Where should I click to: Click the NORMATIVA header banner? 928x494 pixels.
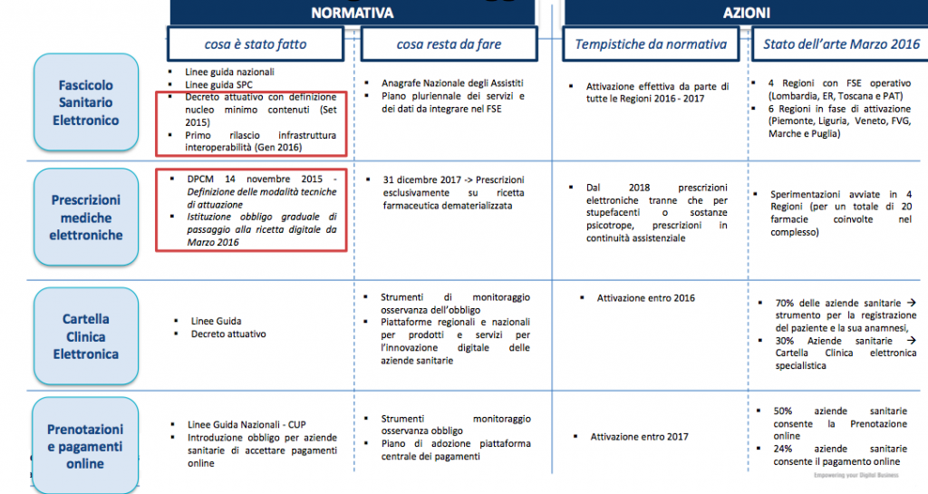coord(352,13)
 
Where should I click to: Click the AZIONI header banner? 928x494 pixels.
coord(746,13)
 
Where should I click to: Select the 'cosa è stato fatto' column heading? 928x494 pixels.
coord(255,44)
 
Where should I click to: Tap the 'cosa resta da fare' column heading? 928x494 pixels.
coord(449,44)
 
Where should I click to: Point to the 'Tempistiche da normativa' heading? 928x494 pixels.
coord(651,44)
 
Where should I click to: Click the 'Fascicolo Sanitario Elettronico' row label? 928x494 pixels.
coord(86,102)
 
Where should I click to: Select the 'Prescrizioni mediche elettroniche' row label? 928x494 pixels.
coord(86,218)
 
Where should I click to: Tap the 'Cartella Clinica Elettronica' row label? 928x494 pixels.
coord(86,336)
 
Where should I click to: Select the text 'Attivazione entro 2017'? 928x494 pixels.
coord(640,437)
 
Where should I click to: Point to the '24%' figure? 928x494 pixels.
coord(785,449)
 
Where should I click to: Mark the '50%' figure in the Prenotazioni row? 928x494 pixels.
coord(786,411)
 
